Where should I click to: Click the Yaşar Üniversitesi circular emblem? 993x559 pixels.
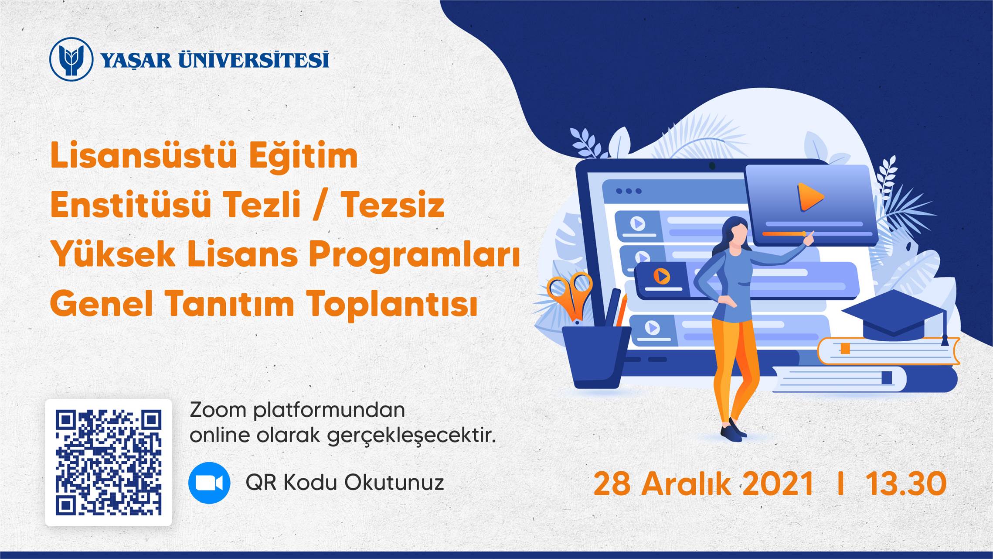pos(71,59)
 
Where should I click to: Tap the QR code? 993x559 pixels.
pos(109,463)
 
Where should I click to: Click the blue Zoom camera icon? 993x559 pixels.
pos(209,483)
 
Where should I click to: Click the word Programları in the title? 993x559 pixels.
pos(415,255)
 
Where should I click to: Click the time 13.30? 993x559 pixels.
pos(906,484)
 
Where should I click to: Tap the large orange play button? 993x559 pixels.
pos(809,197)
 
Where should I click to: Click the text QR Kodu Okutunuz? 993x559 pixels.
pos(345,483)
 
